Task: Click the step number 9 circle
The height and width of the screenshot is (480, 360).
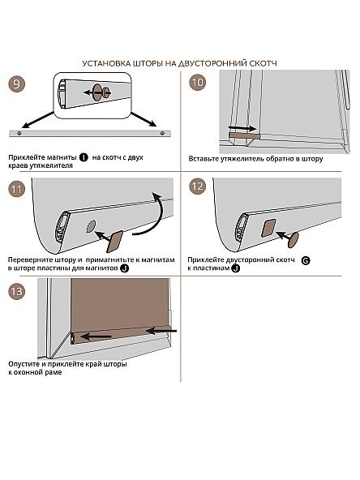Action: pos(16,84)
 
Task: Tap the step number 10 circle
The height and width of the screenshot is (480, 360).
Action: pos(198,83)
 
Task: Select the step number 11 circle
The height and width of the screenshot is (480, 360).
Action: pos(16,189)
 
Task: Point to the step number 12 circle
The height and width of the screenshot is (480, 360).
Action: pos(198,186)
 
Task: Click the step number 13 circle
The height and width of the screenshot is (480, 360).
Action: pos(16,291)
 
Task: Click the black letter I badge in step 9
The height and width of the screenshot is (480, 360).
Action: pos(84,157)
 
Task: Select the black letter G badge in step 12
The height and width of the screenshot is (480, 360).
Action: pos(306,260)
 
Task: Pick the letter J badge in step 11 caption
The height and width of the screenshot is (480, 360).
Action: pos(124,268)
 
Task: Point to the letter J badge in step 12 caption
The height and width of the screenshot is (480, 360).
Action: pos(235,268)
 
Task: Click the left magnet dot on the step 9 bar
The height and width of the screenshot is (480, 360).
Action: pos(19,134)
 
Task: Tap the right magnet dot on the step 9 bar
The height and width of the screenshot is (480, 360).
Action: pos(162,134)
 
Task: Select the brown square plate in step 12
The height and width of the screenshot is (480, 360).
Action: pos(268,229)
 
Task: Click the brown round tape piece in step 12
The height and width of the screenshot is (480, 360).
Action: pos(293,240)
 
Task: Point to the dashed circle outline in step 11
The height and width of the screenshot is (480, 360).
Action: pos(91,226)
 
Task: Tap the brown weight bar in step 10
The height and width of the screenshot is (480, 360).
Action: pos(245,135)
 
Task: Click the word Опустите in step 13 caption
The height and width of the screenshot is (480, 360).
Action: pos(24,365)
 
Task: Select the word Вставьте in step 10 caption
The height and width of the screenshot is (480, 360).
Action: pos(204,159)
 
